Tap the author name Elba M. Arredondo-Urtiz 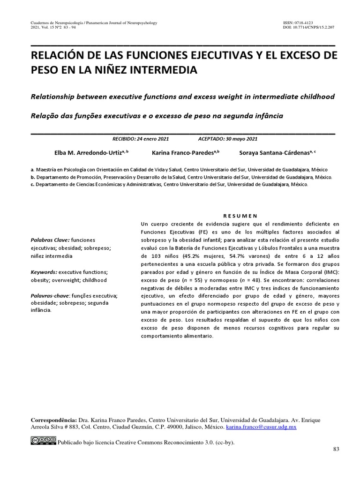89,153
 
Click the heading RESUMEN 239,216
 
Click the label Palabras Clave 50,240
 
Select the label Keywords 44,272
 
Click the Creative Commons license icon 44,441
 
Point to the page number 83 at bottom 336,450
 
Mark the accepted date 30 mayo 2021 241,139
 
